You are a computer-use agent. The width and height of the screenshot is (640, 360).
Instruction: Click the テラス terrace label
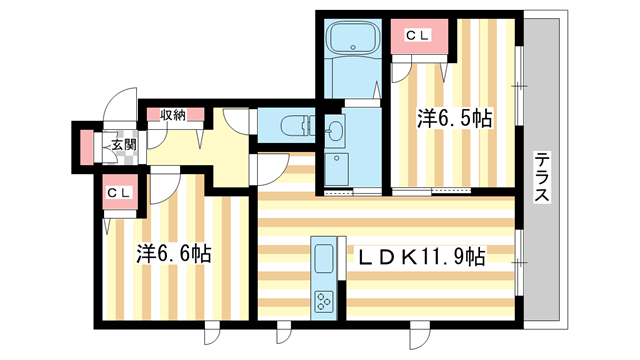coord(541,177)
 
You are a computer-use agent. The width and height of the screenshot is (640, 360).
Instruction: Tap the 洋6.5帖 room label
coord(454,119)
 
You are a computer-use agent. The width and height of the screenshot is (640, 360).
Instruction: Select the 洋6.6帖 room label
coord(173,255)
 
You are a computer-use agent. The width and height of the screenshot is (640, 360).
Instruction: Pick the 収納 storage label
coord(173,114)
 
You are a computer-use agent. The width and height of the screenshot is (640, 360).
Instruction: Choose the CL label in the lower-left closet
coord(120,193)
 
